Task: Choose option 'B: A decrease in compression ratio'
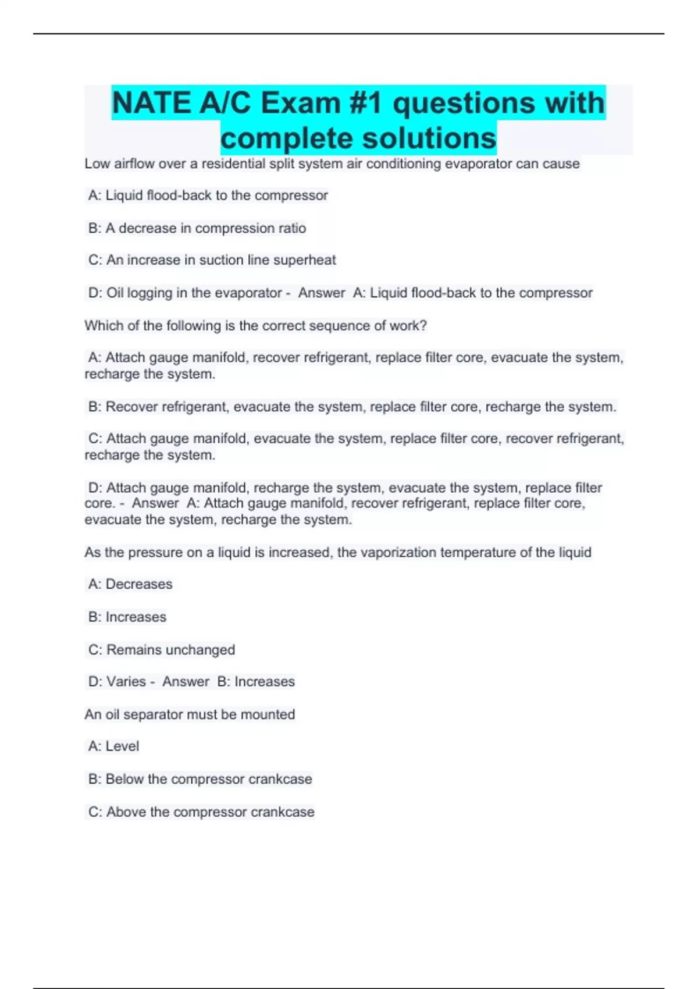[197, 228]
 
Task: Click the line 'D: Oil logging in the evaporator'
[185, 293]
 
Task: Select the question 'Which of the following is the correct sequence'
[255, 326]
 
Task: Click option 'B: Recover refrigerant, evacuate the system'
[351, 407]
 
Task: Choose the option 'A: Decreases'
[130, 584]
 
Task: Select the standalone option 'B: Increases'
[127, 617]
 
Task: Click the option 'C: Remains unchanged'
[162, 650]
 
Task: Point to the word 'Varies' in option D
[126, 681]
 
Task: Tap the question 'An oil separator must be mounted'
[190, 714]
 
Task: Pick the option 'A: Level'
[113, 746]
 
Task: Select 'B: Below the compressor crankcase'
[200, 779]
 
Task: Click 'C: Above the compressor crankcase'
[201, 812]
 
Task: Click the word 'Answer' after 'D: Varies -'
[186, 681]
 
